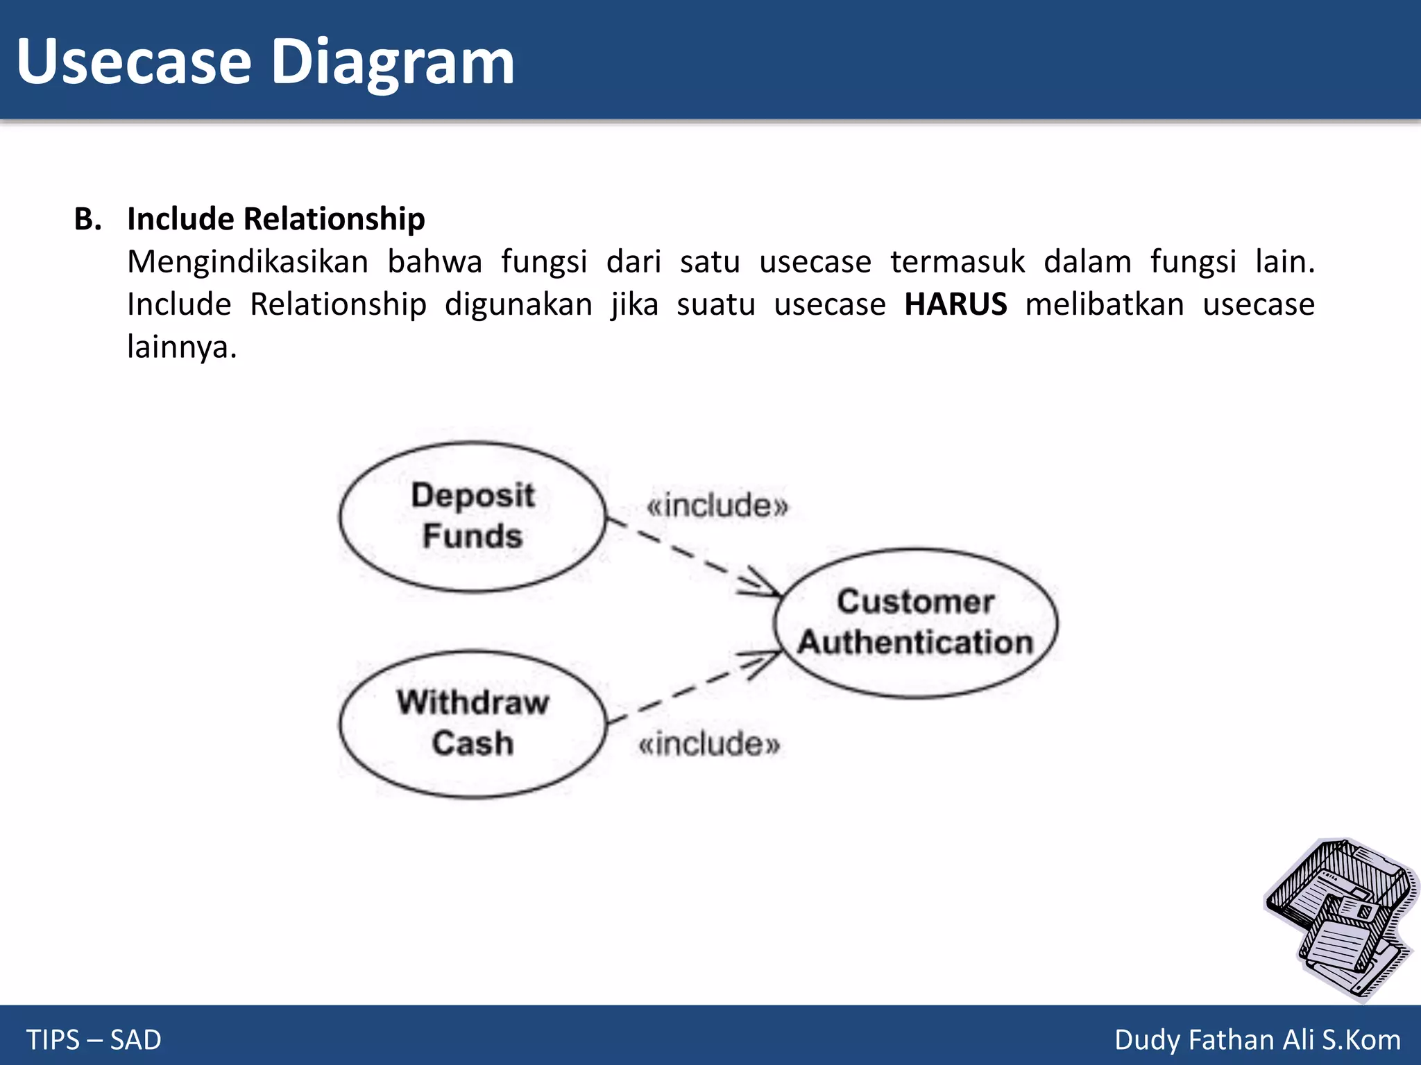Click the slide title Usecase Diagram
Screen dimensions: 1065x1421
(x=265, y=62)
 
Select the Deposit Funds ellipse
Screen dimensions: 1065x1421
(x=473, y=517)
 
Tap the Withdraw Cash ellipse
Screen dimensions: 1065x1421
(x=473, y=724)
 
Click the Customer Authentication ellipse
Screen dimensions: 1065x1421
(x=915, y=623)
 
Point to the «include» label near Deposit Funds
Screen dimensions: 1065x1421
(x=717, y=505)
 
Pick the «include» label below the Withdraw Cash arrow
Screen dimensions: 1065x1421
(x=709, y=744)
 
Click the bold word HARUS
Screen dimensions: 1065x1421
(x=955, y=304)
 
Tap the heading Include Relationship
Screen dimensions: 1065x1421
(x=276, y=219)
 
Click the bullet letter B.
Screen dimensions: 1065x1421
(x=87, y=219)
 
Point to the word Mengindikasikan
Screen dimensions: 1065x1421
(x=248, y=262)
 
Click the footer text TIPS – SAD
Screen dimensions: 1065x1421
(x=94, y=1039)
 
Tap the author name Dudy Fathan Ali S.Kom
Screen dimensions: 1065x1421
(x=1257, y=1039)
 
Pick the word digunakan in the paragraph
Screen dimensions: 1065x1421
(x=518, y=304)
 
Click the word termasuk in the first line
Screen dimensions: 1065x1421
(x=958, y=262)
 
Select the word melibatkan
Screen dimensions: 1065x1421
(x=1105, y=304)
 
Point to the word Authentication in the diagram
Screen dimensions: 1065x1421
(x=915, y=642)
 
